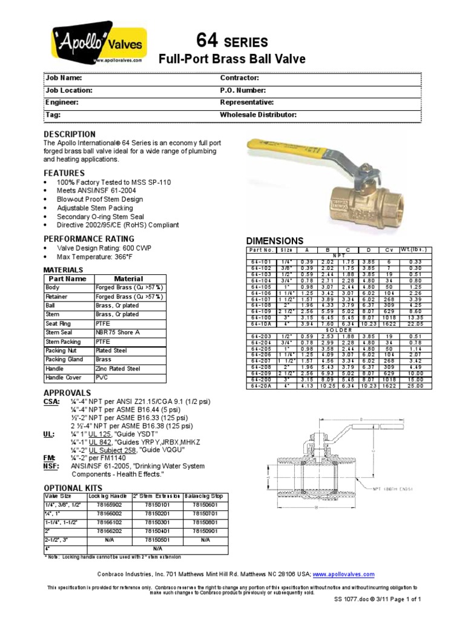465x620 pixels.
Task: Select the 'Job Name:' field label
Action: coord(64,78)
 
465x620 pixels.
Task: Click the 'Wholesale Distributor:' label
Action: coord(258,114)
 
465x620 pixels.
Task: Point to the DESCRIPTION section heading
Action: coord(70,134)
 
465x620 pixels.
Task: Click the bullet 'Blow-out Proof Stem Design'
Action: coord(100,199)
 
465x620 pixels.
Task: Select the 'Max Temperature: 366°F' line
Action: coord(96,257)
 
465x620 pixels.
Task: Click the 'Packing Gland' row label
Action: coord(64,359)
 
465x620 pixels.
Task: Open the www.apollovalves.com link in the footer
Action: coord(343,574)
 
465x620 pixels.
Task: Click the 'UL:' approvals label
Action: coord(49,434)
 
